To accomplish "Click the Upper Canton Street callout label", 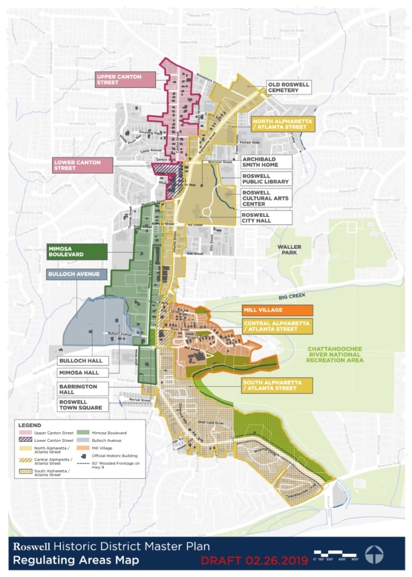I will click(125, 80).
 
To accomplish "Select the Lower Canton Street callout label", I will click(82, 165).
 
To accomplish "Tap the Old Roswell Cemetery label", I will click(289, 87).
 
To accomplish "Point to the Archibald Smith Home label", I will click(266, 162).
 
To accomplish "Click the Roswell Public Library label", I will click(266, 178).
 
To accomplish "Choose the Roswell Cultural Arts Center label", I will click(266, 198).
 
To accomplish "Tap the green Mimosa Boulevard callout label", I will click(76, 252).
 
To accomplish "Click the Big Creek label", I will click(287, 297).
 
